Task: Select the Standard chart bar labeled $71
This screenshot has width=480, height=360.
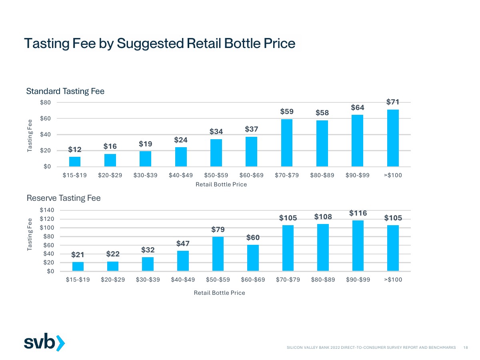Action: click(x=393, y=138)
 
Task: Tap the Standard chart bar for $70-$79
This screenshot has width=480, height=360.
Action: click(x=287, y=143)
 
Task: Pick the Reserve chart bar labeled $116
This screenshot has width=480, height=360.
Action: click(x=358, y=246)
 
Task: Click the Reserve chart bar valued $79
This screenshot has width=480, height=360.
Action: click(x=218, y=254)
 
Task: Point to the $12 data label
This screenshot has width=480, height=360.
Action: click(x=75, y=150)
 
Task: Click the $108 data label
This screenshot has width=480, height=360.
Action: click(x=323, y=217)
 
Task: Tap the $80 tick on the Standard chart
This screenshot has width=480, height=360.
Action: click(x=45, y=102)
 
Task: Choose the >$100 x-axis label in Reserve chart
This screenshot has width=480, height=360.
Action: click(x=393, y=280)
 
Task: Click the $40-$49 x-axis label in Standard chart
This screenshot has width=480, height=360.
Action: click(x=181, y=175)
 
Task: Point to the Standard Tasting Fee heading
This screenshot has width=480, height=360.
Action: click(x=65, y=91)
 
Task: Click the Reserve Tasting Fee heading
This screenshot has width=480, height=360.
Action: click(x=64, y=198)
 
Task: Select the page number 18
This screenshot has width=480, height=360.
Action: click(x=466, y=348)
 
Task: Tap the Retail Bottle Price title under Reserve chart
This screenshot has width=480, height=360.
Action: click(x=219, y=293)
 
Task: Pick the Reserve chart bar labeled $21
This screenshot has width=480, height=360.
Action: click(x=78, y=266)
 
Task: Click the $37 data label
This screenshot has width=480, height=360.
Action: click(x=252, y=129)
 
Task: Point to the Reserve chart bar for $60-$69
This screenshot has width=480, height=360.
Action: click(x=253, y=258)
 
